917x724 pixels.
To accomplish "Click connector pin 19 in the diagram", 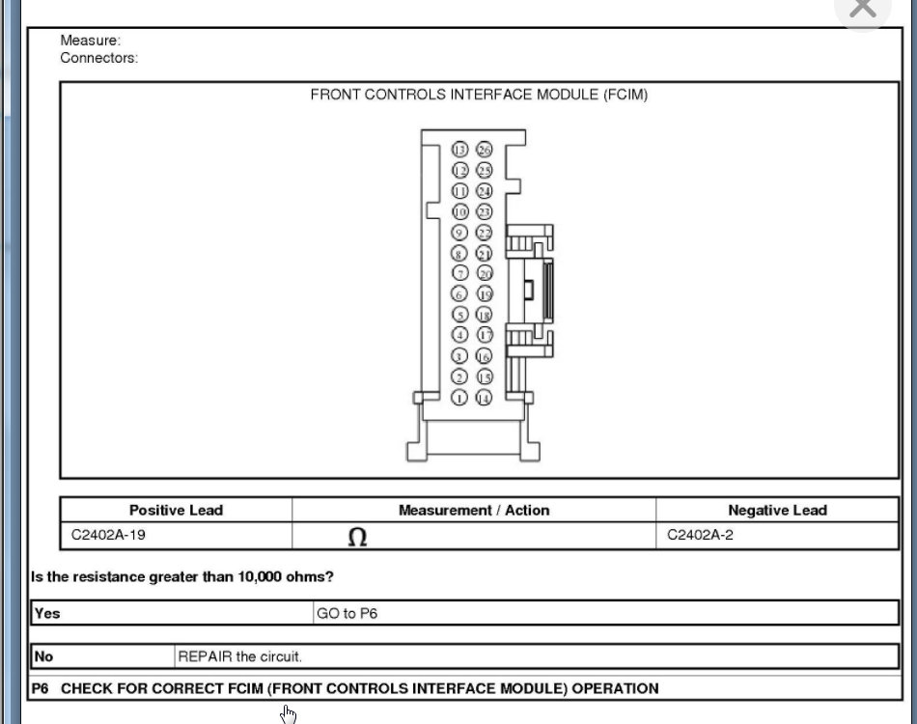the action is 484,294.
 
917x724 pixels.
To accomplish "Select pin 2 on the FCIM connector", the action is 460,377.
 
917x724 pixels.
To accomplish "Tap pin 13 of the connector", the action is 460,150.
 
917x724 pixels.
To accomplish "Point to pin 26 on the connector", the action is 484,150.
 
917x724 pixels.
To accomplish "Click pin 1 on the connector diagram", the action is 460,398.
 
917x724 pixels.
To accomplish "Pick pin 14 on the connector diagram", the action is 484,398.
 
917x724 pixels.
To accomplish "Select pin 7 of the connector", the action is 460,273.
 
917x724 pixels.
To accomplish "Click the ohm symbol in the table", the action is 357,537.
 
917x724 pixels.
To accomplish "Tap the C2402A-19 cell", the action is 109,535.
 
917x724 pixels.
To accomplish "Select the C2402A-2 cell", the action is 701,535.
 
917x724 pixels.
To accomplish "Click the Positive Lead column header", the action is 176,510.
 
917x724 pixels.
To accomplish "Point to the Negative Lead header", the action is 777,510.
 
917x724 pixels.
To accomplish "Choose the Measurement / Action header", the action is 474,510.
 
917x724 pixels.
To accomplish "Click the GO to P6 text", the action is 347,613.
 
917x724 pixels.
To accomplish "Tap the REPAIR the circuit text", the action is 240,656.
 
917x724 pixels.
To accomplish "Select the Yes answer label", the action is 47,613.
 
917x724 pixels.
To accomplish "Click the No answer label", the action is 44,656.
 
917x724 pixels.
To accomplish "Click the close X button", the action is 862,10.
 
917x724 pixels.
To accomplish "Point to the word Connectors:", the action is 99,58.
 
